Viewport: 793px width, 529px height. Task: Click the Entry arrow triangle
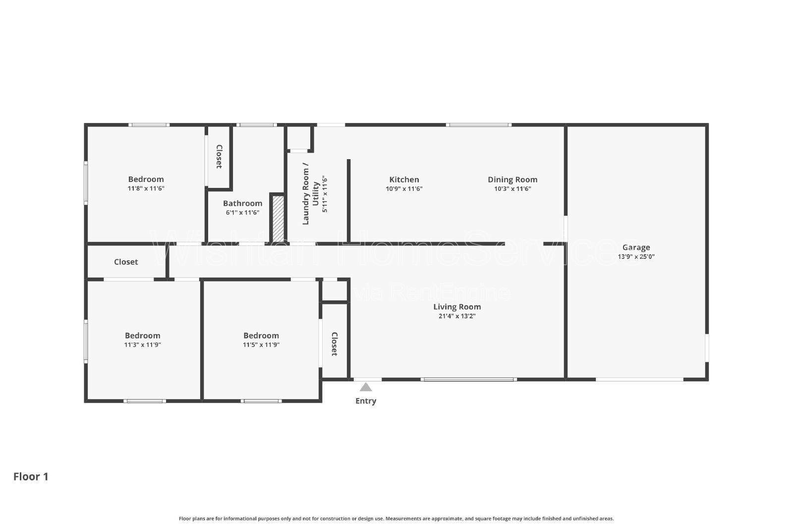coord(366,387)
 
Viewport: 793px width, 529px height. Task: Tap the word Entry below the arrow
coord(366,401)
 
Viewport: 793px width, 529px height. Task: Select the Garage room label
coord(636,247)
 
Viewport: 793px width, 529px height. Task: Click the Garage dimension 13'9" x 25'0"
coord(636,257)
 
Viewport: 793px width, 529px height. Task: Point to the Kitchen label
coord(404,179)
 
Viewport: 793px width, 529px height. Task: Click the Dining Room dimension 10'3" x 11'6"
coord(512,189)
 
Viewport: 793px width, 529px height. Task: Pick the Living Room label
coord(457,307)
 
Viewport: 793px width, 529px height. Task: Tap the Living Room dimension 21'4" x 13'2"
coord(457,316)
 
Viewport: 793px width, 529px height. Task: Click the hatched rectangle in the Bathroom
coord(279,219)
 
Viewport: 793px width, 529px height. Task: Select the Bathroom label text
coord(242,203)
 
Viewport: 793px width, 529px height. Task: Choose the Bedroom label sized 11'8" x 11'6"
coord(146,179)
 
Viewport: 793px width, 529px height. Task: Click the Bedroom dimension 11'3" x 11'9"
coord(143,345)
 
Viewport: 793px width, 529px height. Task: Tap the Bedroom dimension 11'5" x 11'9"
coord(261,345)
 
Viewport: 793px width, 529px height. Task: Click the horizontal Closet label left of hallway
coord(126,262)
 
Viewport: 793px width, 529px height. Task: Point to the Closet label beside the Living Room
coord(335,344)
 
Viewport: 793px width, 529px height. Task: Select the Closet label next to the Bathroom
coord(219,157)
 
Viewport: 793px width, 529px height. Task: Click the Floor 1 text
coord(31,476)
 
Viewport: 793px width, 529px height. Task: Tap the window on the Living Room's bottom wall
coord(468,379)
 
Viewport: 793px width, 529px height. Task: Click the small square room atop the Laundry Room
coord(299,138)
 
